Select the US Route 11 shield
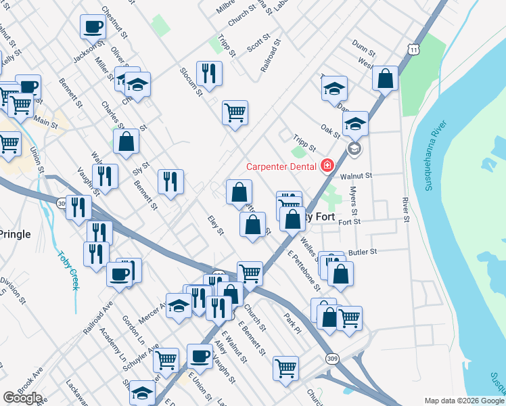(413, 49)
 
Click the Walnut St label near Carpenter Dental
(356, 175)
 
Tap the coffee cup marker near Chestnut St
(93, 28)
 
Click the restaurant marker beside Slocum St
(209, 73)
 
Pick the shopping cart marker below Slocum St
(235, 112)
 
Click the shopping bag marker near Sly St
(126, 141)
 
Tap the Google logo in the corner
(22, 398)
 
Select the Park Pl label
(292, 323)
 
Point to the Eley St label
(216, 227)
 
